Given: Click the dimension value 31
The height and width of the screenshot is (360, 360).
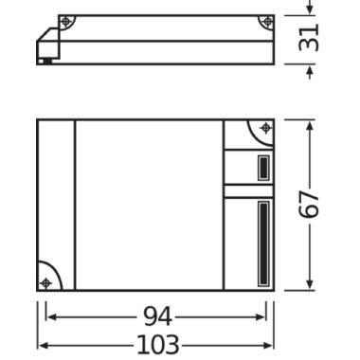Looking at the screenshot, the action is pyautogui.click(x=309, y=39).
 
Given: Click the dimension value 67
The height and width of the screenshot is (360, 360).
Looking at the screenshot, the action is pyautogui.click(x=309, y=204).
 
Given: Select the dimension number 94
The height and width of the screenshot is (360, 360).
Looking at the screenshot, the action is pyautogui.click(x=158, y=316).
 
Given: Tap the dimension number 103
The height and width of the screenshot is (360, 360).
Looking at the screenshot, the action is pyautogui.click(x=158, y=345).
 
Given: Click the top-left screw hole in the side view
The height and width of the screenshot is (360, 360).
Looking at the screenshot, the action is pyautogui.click(x=65, y=22).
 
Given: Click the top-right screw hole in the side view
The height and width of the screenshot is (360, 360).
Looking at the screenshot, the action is pyautogui.click(x=268, y=22).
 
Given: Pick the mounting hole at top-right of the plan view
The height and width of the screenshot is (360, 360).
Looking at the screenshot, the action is pyautogui.click(x=265, y=128).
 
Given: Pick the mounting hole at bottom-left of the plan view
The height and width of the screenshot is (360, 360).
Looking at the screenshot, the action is pyautogui.click(x=46, y=283).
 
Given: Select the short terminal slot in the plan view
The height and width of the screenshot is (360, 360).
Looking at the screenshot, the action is pyautogui.click(x=263, y=168).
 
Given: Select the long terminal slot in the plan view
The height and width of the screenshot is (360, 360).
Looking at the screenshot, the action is pyautogui.click(x=263, y=243).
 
